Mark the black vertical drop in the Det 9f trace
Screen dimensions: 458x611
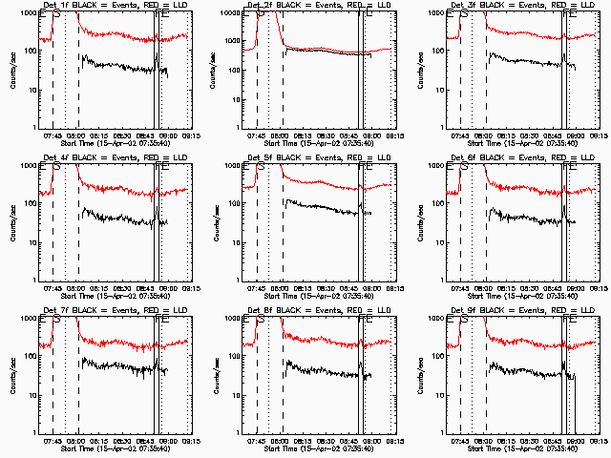(575, 406)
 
